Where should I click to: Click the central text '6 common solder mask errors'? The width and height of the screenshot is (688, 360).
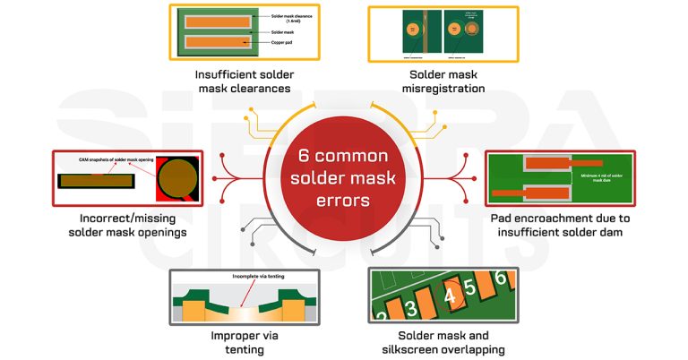[x=344, y=178]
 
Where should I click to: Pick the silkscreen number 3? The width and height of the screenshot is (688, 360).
[x=410, y=309]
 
